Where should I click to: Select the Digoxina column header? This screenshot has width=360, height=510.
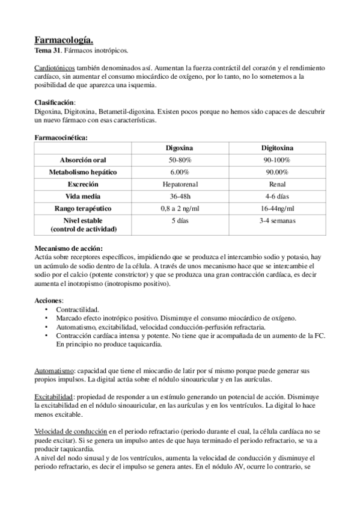pyautogui.click(x=181, y=148)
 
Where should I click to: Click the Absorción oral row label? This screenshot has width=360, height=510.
pyautogui.click(x=84, y=160)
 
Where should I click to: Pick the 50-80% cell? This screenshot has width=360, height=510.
pyautogui.click(x=181, y=160)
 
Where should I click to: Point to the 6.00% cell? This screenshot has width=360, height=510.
pyautogui.click(x=181, y=172)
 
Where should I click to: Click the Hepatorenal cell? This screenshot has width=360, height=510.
pyautogui.click(x=181, y=184)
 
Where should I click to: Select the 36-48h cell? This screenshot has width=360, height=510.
pyautogui.click(x=181, y=196)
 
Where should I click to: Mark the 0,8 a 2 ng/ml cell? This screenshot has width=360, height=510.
pyautogui.click(x=181, y=208)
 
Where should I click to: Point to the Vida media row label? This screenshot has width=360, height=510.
pyautogui.click(x=84, y=196)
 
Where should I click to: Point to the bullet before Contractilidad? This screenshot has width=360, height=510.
pyautogui.click(x=47, y=310)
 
